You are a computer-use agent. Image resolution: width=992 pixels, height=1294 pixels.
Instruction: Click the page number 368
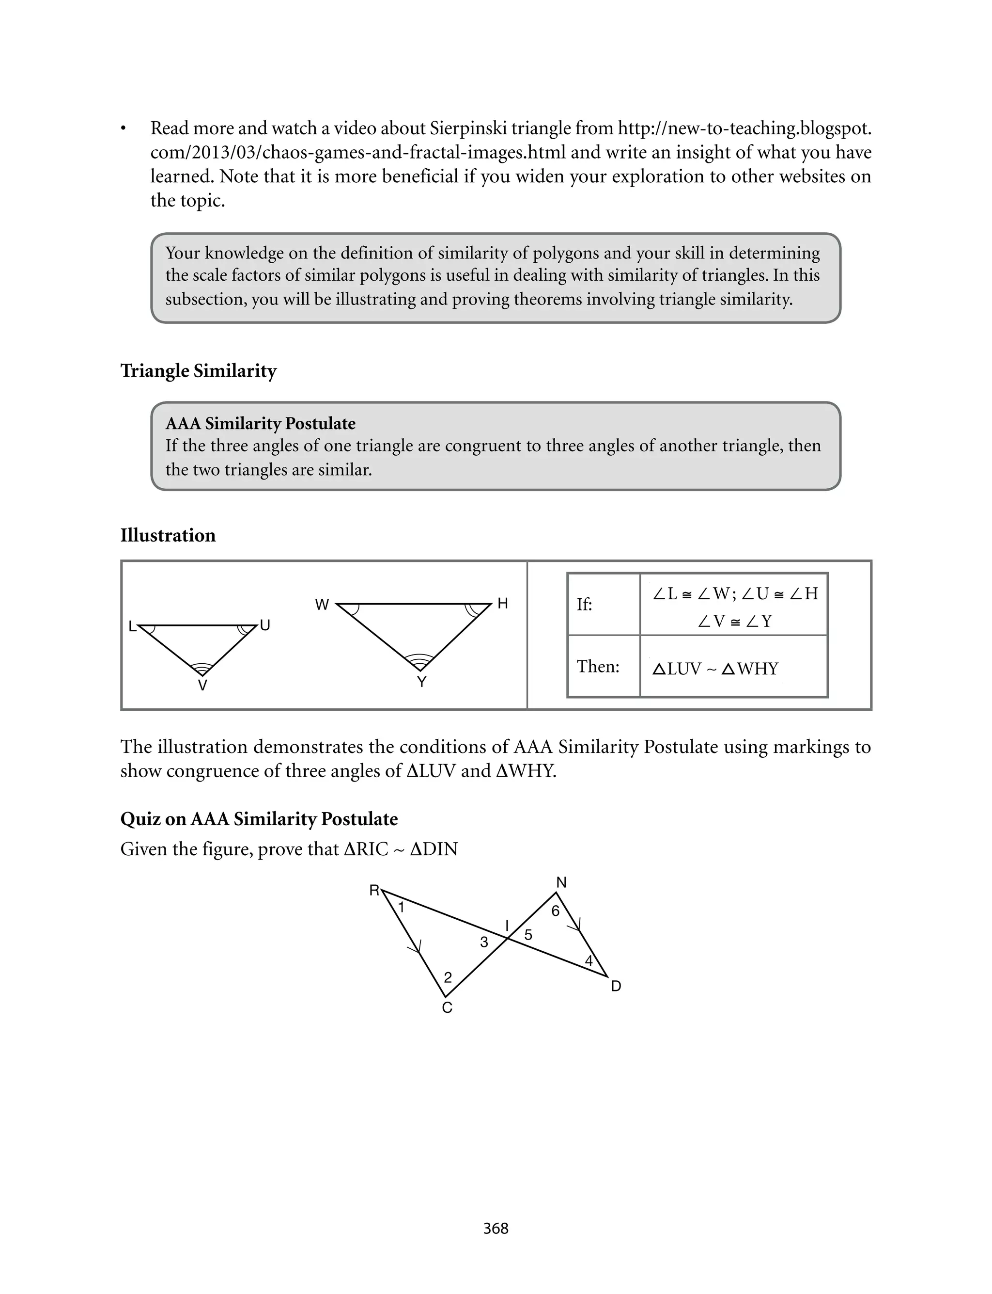point(496,1229)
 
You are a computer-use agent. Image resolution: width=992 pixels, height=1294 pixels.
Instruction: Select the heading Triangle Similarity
point(199,371)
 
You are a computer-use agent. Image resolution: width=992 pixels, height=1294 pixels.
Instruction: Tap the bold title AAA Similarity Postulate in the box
point(261,423)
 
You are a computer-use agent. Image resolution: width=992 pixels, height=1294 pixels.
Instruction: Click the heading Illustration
point(168,535)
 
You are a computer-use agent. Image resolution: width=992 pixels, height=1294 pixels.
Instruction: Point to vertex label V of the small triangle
point(202,686)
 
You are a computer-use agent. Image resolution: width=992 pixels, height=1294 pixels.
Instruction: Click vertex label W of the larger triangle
point(322,605)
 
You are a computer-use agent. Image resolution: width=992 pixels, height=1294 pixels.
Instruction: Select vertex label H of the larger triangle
point(502,603)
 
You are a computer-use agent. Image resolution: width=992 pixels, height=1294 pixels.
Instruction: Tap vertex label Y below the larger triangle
point(421,682)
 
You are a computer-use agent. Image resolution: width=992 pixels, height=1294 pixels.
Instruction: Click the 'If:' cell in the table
point(585,605)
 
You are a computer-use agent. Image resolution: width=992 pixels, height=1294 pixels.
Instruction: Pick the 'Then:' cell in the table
point(598,667)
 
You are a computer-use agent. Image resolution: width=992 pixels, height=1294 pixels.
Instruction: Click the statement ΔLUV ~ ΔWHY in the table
point(715,669)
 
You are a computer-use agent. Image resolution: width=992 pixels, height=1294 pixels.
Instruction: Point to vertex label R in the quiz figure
point(374,891)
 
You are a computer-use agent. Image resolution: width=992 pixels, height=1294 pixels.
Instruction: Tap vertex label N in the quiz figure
point(561,882)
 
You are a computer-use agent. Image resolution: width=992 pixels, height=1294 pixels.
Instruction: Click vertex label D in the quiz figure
point(616,986)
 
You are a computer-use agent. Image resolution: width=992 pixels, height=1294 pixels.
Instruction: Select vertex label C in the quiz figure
point(447,1007)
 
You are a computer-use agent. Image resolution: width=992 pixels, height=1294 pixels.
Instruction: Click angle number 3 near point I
point(484,942)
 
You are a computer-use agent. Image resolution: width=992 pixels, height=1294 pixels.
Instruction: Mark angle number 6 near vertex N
point(555,911)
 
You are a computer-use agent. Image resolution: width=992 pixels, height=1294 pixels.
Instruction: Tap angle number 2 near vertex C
point(448,977)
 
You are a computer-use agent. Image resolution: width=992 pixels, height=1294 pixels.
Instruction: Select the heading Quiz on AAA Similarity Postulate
point(259,819)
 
